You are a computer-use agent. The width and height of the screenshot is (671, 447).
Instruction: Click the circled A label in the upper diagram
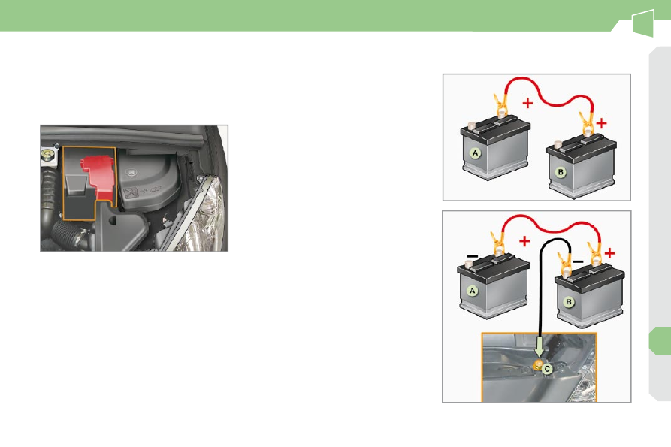pyautogui.click(x=475, y=153)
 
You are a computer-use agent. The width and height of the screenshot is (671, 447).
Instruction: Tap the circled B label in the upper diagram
pyautogui.click(x=561, y=172)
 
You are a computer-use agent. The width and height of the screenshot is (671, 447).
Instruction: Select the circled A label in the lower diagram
pyautogui.click(x=473, y=291)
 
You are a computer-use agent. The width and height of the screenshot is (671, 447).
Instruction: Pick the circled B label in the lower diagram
pyautogui.click(x=569, y=302)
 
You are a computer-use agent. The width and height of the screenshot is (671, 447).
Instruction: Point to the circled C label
pyautogui.click(x=547, y=368)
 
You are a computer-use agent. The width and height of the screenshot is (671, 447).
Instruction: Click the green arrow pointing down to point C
pyautogui.click(x=540, y=346)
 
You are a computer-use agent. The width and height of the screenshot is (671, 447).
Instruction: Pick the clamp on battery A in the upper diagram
pyautogui.click(x=501, y=107)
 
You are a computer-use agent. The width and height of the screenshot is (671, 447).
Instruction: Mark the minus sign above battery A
pyautogui.click(x=472, y=255)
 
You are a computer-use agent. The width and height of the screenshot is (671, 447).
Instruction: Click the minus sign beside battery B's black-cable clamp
pyautogui.click(x=578, y=261)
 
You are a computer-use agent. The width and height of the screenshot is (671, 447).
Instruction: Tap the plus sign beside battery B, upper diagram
pyautogui.click(x=602, y=123)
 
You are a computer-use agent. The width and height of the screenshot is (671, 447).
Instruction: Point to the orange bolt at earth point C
pyautogui.click(x=538, y=365)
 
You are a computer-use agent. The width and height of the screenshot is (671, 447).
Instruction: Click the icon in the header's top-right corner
pyautogui.click(x=642, y=23)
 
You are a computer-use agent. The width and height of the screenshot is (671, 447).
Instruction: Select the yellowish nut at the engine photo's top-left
pyautogui.click(x=47, y=153)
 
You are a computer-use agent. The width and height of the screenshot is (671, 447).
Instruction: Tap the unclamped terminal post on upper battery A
pyautogui.click(x=472, y=125)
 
